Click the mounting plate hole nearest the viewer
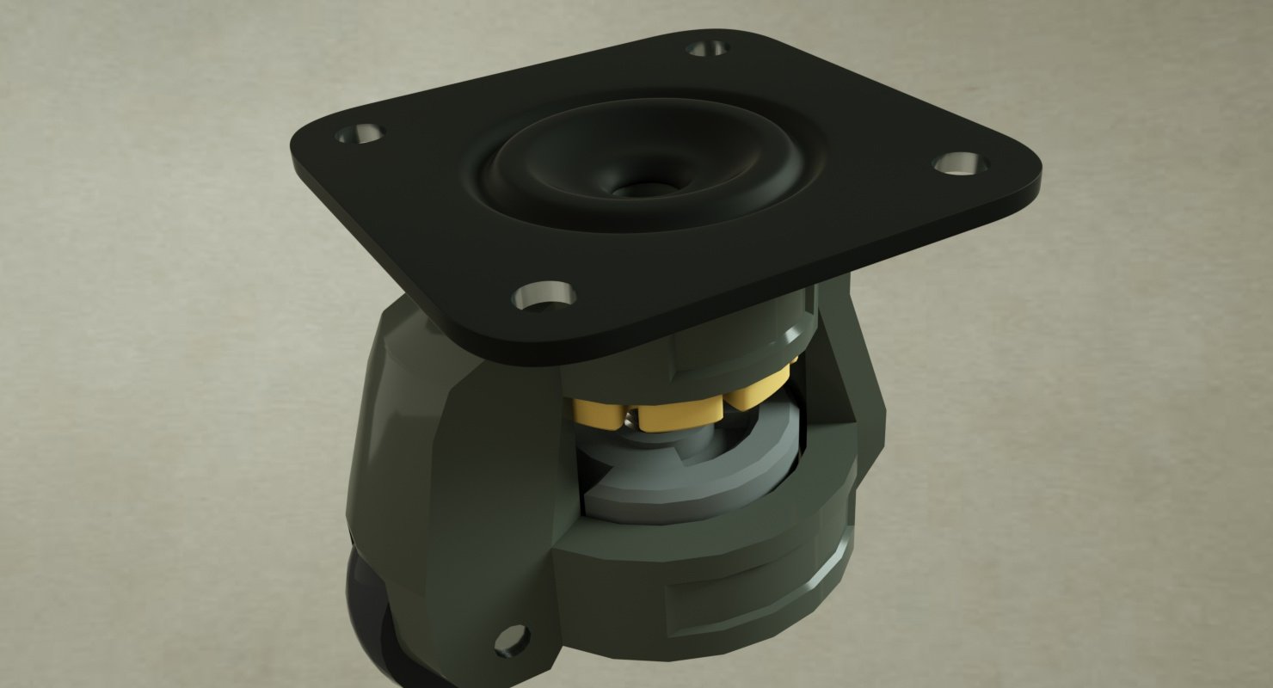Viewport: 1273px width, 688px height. tap(544, 296)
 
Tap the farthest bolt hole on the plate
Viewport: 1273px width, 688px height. tap(709, 48)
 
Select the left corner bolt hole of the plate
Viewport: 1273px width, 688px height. tap(360, 134)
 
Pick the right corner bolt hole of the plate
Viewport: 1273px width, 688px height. tap(959, 163)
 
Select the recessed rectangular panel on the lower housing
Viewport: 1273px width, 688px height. tap(740, 602)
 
